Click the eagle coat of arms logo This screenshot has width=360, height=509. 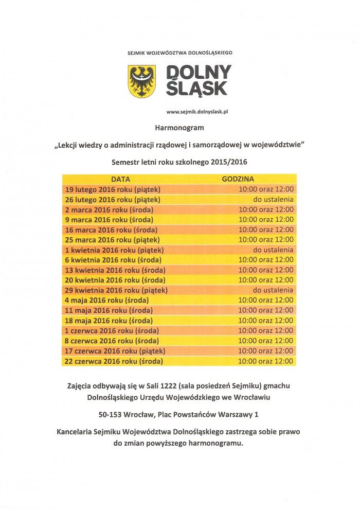141,81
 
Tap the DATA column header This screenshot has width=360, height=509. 121,180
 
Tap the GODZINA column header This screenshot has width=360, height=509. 238,180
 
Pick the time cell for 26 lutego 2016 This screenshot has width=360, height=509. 273,200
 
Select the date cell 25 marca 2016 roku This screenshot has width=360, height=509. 112,240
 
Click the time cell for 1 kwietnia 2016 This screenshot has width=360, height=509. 273,250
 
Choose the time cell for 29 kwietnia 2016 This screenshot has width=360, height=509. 273,290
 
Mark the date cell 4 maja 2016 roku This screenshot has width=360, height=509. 106,300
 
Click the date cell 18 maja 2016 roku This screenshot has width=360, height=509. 109,320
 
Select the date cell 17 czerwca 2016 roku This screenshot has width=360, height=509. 115,350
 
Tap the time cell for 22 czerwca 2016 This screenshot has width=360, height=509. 266,361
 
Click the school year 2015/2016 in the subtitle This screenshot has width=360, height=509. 229,162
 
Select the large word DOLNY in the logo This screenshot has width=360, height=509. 198,72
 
